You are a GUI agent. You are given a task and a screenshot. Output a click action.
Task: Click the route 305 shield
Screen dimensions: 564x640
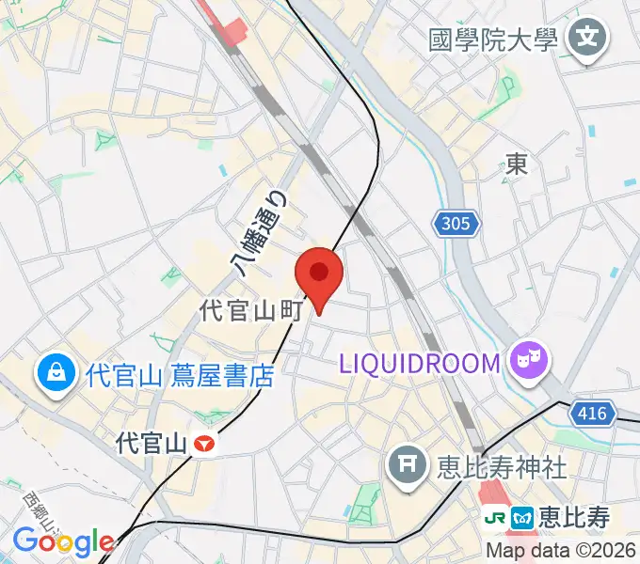tap(458, 224)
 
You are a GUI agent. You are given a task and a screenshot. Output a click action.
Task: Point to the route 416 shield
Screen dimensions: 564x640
tap(594, 412)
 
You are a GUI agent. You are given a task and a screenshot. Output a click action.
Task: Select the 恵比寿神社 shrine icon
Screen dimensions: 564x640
tap(408, 464)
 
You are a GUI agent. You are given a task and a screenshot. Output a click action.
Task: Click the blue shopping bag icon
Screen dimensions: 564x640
tap(57, 375)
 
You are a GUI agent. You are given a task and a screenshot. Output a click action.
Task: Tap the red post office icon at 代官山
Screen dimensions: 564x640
tap(204, 442)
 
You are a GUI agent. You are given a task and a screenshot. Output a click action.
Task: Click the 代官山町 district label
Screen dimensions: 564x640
tap(249, 311)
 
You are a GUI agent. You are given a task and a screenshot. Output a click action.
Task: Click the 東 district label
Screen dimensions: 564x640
tap(517, 165)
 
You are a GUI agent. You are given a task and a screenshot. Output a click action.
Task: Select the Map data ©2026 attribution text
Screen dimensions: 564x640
tap(561, 551)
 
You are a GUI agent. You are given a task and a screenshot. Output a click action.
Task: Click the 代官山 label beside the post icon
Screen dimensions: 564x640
tap(151, 441)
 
